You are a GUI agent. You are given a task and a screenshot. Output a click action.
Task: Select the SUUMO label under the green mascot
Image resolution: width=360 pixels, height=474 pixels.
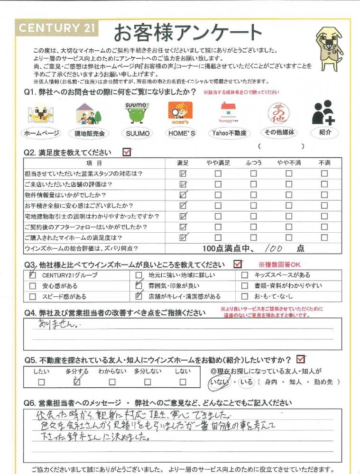[138, 134]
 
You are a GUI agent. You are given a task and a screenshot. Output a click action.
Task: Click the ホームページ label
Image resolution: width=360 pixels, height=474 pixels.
[42, 134]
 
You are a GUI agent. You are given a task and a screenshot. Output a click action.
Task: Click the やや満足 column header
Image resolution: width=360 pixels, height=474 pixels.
[218, 163]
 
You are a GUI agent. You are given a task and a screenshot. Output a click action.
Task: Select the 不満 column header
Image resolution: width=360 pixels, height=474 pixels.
[324, 163]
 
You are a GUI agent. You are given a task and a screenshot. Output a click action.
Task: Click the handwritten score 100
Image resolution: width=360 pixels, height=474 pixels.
[273, 247]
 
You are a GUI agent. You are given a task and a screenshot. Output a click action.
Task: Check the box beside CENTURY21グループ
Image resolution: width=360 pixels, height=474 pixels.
[32, 275]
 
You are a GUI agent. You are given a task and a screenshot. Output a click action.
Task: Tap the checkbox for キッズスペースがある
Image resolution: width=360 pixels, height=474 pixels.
[245, 275]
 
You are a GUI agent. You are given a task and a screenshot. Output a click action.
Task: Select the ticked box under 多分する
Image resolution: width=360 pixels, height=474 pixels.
[77, 381]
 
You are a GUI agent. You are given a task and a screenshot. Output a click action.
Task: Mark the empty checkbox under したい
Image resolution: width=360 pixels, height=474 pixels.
[41, 382]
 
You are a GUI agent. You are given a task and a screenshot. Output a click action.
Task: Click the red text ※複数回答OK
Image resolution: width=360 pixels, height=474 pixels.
[279, 264]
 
